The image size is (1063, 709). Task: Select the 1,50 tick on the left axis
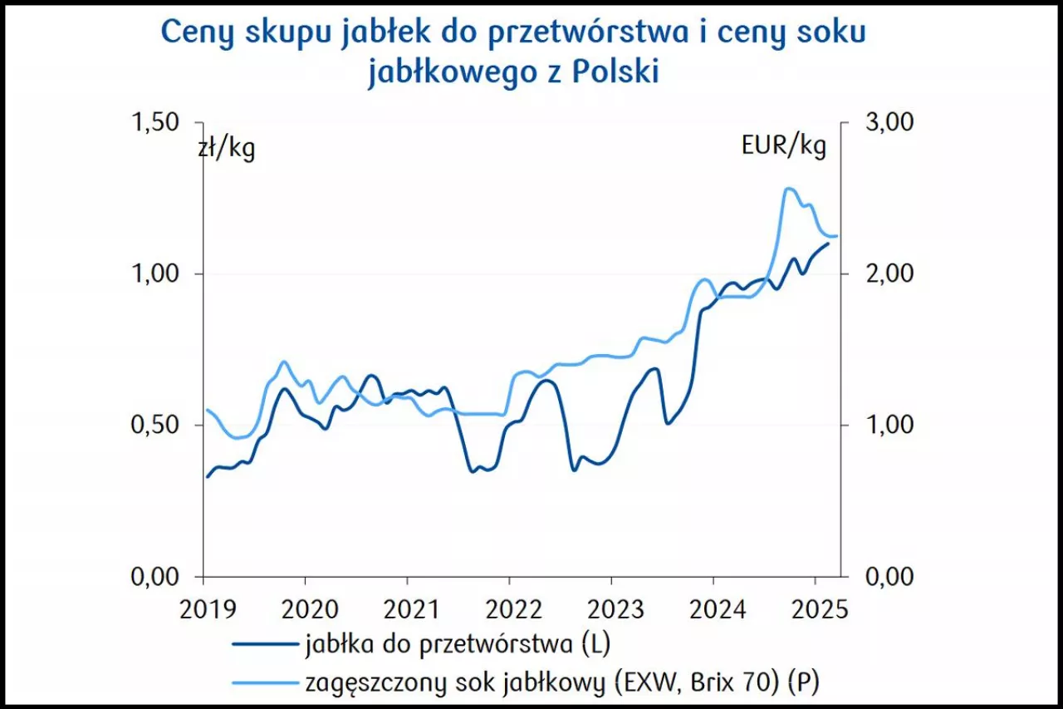coord(155,122)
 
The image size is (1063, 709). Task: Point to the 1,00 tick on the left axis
coord(155,273)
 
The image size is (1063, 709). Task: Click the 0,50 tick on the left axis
coord(155,425)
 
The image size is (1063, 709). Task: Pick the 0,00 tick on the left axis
coord(155,576)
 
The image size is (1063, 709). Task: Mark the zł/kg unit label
coord(226,150)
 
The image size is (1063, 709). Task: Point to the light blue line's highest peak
coord(788,189)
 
